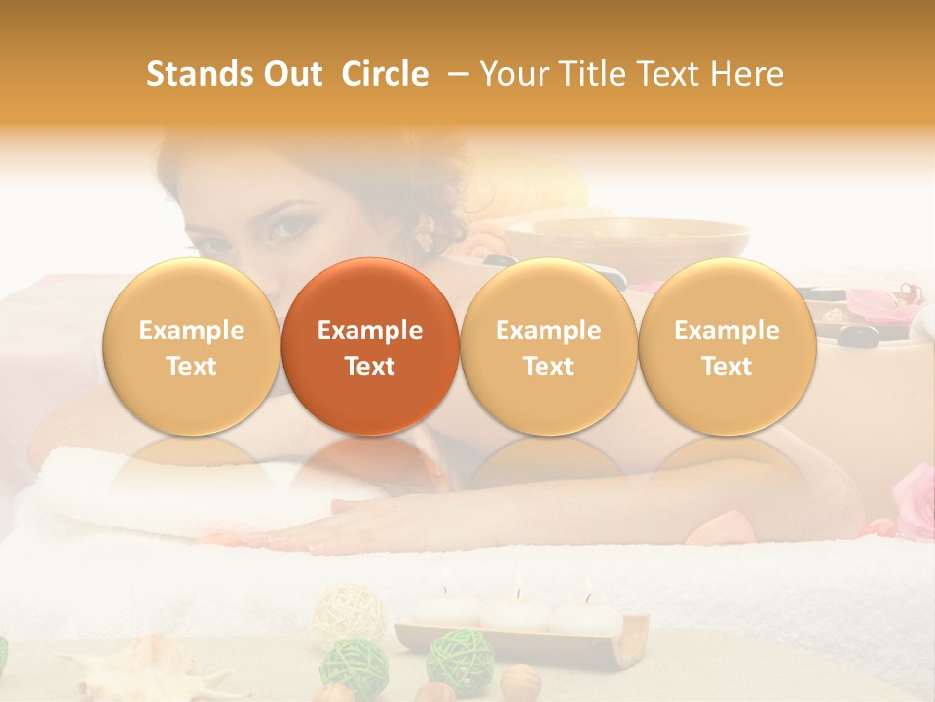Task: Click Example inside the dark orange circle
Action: click(370, 331)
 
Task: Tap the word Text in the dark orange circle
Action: click(370, 367)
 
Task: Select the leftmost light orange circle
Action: click(191, 346)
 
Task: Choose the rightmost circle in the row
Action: click(727, 346)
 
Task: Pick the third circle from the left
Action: click(548, 346)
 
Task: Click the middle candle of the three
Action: click(516, 612)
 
